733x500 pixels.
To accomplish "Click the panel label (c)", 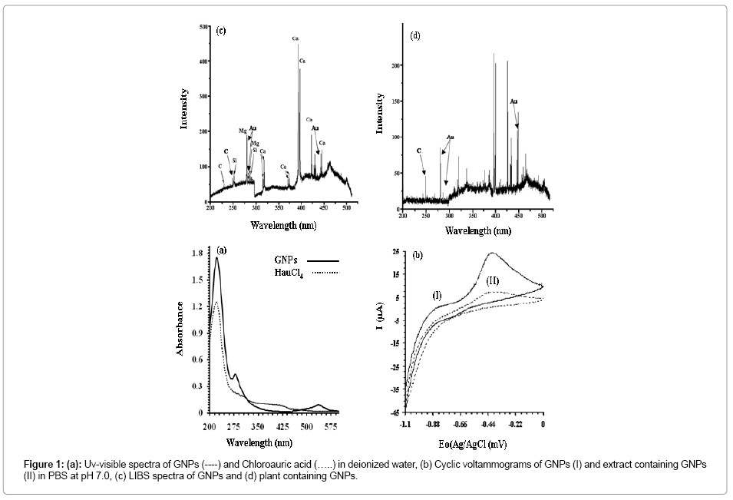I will click(220, 31).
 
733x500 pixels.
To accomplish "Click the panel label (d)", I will click(415, 38).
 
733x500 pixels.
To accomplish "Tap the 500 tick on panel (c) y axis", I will click(203, 27).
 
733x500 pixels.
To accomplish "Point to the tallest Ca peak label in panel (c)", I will click(296, 38).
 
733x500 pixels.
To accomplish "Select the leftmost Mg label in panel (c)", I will click(243, 131).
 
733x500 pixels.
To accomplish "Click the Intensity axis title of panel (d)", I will click(380, 114).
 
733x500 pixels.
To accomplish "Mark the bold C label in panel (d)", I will click(419, 151).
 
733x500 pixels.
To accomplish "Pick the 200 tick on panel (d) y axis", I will click(396, 66).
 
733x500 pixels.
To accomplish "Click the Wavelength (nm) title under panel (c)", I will click(282, 226).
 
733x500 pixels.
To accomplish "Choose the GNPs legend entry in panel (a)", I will click(286, 260).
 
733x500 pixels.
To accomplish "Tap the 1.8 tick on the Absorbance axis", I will click(196, 253).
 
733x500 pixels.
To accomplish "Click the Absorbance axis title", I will click(181, 328).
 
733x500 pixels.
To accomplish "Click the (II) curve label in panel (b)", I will click(493, 281).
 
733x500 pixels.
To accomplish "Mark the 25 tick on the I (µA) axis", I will click(395, 252).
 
